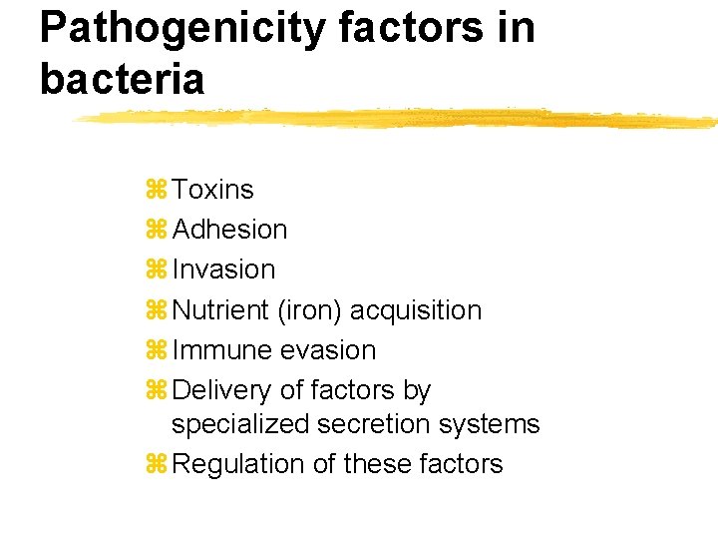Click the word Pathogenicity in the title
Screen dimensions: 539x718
[180, 28]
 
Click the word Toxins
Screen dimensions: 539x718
[212, 190]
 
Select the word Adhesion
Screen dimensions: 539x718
[229, 230]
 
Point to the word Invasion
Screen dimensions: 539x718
[223, 269]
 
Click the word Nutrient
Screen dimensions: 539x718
[220, 310]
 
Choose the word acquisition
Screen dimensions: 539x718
[420, 310]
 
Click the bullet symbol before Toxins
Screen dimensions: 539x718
[156, 190]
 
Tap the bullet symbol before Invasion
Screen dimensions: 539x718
[156, 269]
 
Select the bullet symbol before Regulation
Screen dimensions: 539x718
[156, 464]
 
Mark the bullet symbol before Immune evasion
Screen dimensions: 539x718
[156, 350]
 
